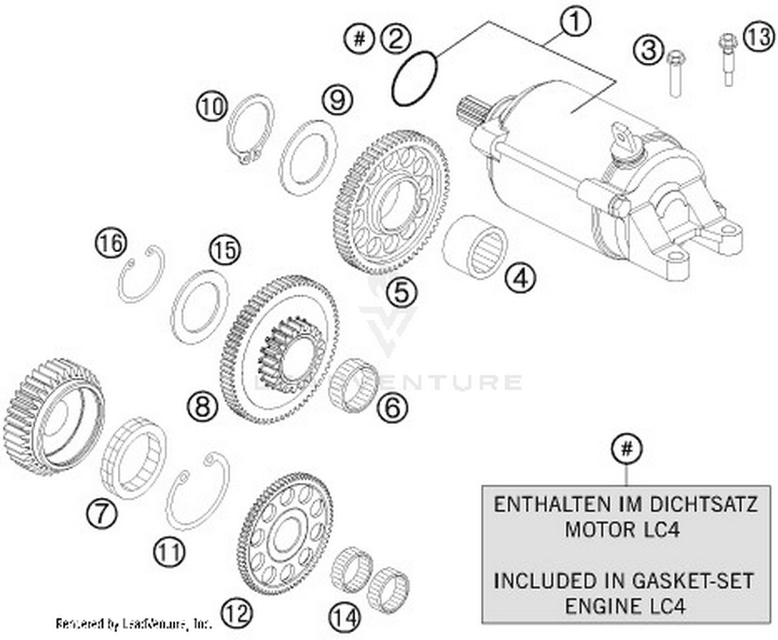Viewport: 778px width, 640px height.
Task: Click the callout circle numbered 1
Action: (575, 23)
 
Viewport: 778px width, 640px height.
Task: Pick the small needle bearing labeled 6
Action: (354, 384)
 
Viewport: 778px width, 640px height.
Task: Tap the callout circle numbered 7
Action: (102, 513)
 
